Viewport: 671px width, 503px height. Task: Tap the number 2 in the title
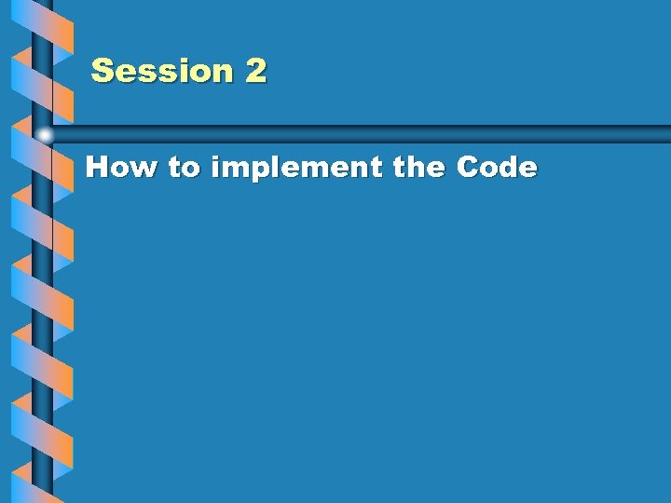pos(256,71)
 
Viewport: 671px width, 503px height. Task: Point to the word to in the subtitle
pos(185,169)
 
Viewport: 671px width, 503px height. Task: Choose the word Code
pos(497,168)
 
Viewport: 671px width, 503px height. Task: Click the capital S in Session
pos(103,71)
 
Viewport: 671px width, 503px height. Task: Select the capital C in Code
pos(468,168)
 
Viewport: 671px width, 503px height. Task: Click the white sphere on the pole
pos(44,135)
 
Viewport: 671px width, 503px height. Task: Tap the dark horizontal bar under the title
pos(373,133)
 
